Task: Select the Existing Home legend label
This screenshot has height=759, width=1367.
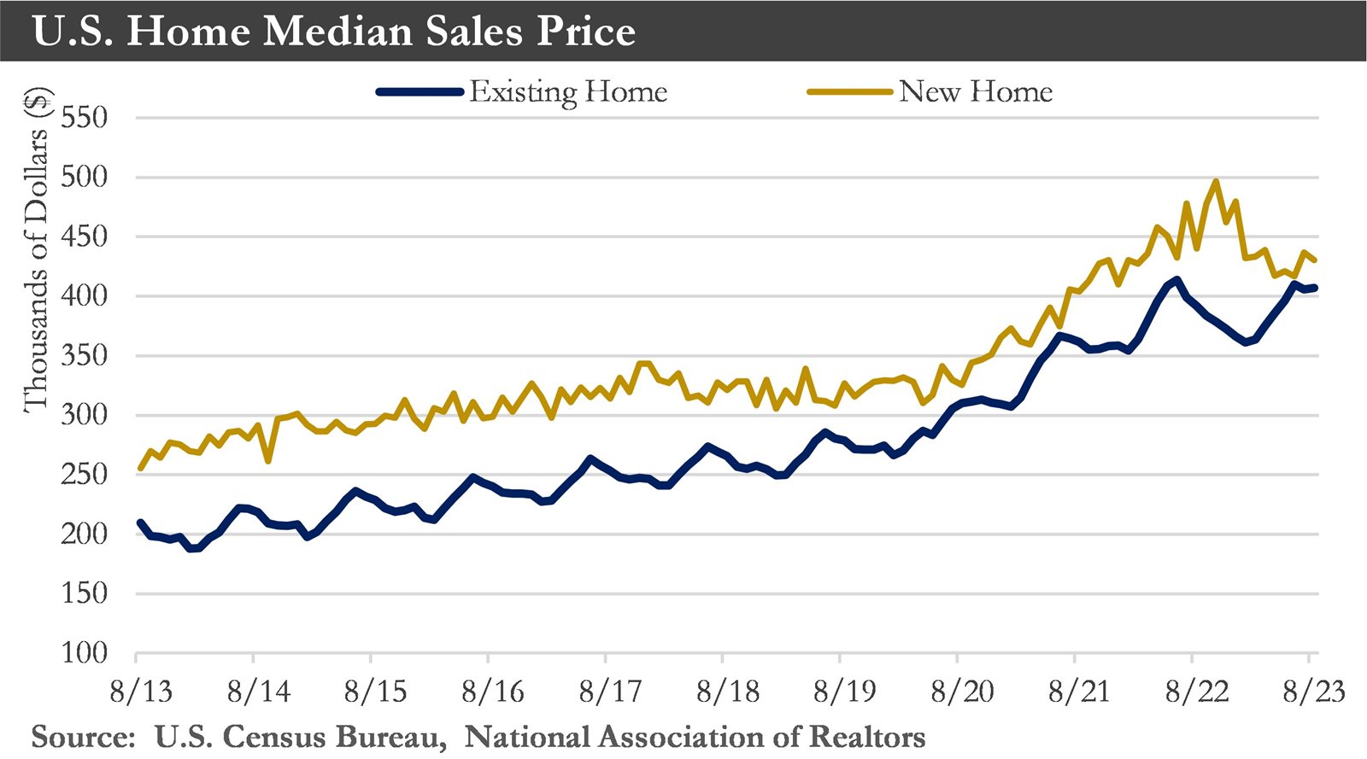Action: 568,91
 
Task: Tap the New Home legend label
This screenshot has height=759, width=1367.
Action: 976,91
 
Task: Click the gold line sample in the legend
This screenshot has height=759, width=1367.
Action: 849,91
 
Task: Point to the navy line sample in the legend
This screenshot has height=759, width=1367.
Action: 419,91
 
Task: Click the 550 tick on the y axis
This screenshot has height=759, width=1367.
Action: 85,118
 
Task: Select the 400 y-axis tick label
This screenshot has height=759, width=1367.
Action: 85,296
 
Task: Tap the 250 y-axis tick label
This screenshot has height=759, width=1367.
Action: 85,475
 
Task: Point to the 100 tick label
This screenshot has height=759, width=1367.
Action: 85,653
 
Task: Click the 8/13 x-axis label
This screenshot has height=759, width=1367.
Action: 141,691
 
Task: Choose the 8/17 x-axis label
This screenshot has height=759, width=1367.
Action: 610,691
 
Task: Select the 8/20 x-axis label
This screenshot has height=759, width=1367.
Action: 962,691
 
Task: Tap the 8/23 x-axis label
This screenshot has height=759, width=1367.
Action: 1314,691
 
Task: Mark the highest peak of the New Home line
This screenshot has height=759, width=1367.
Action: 1216,181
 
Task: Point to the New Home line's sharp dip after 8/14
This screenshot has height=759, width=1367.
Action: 268,461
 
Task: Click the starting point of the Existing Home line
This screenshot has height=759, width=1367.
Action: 139,522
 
